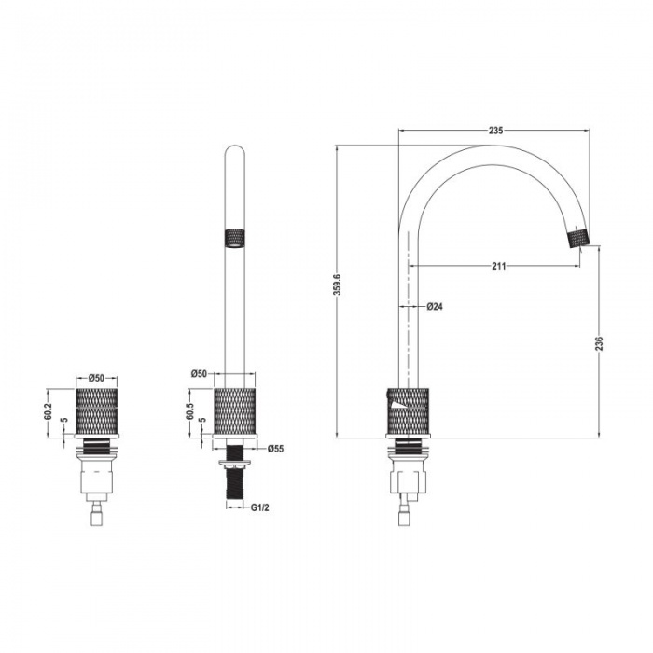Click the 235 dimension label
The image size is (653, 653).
[495, 131]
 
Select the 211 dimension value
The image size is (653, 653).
[499, 266]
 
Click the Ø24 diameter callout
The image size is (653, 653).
[434, 306]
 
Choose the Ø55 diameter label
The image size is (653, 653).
[275, 449]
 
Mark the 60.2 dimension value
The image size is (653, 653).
[48, 411]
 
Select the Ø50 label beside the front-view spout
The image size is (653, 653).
[199, 373]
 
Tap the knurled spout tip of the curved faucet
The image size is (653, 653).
[580, 238]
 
